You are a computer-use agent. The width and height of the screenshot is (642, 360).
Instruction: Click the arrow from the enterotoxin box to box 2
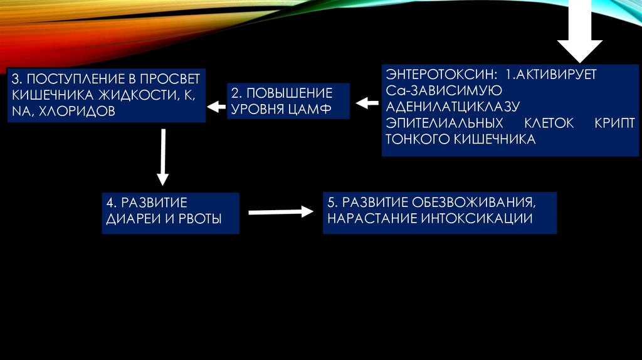tap(364, 102)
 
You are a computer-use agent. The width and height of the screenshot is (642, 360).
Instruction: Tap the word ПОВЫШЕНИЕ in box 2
tap(282, 93)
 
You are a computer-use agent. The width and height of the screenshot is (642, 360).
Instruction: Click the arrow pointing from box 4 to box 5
tap(280, 212)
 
